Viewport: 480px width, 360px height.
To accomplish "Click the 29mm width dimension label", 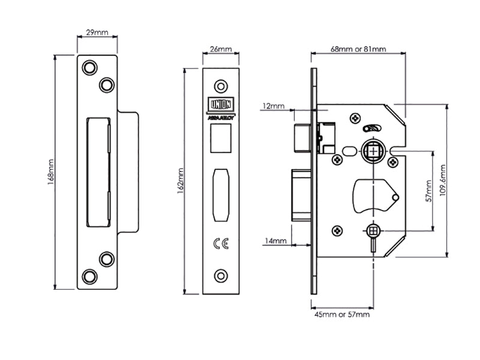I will coord(98,32).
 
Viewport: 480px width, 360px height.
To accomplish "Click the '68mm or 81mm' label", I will coord(358,49).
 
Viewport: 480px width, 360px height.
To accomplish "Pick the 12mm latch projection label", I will coord(274,106).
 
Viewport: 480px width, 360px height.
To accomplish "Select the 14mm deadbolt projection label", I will coord(275,241).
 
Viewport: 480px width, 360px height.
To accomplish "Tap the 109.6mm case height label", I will coord(443,180).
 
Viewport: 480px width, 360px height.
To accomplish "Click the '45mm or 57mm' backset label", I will coord(342,314).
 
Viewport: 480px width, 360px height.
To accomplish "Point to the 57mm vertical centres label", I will coord(428,191).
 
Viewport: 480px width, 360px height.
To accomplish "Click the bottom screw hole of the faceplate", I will coord(222,276).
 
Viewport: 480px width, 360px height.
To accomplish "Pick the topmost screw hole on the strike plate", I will coord(89,67).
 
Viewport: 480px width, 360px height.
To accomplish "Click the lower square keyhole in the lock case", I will coord(373,230).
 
